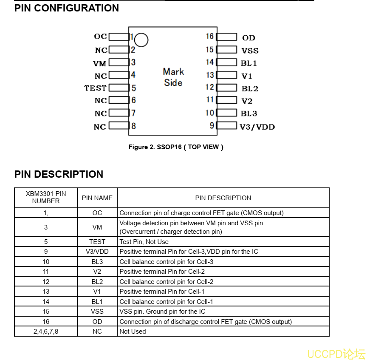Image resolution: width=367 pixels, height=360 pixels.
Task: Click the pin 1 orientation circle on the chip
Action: [x=142, y=40]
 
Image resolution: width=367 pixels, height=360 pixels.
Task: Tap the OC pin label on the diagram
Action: [x=100, y=37]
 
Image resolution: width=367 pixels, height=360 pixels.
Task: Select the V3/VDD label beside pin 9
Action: [x=257, y=127]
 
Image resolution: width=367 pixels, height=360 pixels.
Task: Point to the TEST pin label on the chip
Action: [x=95, y=88]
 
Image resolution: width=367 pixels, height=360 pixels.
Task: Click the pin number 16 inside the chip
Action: [x=210, y=37]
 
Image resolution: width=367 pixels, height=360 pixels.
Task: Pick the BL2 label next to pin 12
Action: [x=250, y=88]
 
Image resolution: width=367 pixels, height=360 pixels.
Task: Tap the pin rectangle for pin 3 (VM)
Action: [x=119, y=62]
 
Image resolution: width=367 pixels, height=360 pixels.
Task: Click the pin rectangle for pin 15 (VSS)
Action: [x=226, y=50]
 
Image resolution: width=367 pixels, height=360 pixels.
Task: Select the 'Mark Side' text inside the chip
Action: [x=173, y=77]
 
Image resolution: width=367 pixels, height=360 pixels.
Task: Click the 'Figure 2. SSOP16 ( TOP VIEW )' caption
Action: [x=176, y=147]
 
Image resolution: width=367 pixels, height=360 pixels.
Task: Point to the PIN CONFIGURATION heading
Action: [x=67, y=8]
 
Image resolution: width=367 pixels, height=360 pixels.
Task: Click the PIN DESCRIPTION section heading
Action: [x=59, y=174]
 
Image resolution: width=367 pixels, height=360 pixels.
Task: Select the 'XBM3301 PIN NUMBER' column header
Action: [x=46, y=198]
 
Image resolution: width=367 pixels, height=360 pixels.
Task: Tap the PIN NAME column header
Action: [x=97, y=198]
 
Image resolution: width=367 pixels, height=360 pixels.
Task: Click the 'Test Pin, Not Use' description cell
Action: [x=144, y=241]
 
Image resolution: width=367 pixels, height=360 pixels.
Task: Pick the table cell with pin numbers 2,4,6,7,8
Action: [x=46, y=332]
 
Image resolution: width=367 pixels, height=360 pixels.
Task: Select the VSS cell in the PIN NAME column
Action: [x=97, y=312]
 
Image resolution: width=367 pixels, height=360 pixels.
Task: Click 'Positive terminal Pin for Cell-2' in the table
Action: [x=162, y=272]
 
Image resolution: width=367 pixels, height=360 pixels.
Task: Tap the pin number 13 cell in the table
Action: [x=46, y=292]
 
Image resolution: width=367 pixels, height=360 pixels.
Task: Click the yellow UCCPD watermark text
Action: [x=336, y=354]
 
